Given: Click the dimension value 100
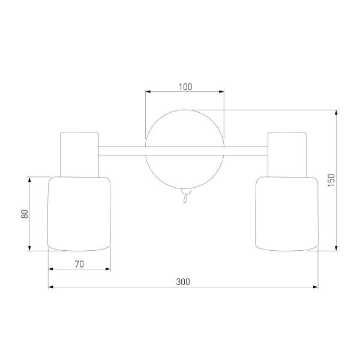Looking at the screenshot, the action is pyautogui.click(x=185, y=87).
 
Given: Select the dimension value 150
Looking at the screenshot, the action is pyautogui.click(x=332, y=180).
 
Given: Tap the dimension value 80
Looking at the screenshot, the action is pyautogui.click(x=25, y=214).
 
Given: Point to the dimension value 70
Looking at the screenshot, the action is pyautogui.click(x=79, y=264).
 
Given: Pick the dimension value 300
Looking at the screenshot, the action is pyautogui.click(x=183, y=282).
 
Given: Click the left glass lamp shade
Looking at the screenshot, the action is pyautogui.click(x=79, y=214).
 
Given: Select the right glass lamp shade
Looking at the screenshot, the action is pyautogui.click(x=287, y=214).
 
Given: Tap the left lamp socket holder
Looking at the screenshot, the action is pyautogui.click(x=79, y=155).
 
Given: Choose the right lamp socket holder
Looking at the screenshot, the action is pyautogui.click(x=287, y=155).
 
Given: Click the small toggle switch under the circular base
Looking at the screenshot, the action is pyautogui.click(x=185, y=196).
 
